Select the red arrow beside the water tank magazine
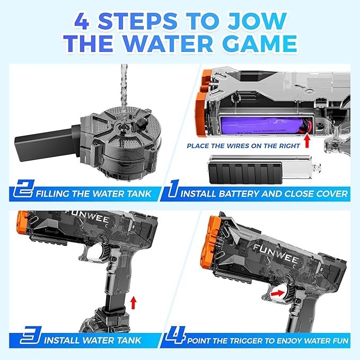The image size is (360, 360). point(133,303)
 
